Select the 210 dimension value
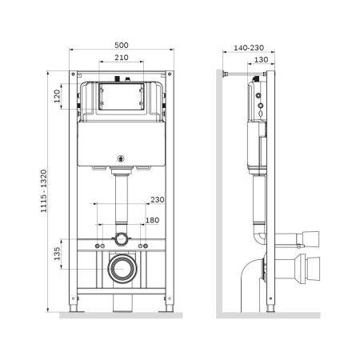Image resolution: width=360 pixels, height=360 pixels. click(x=122, y=58)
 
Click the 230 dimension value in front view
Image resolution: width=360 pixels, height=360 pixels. click(x=156, y=200)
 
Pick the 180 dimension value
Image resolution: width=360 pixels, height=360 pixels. click(x=151, y=220)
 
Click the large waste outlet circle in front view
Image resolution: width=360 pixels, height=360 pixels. click(x=122, y=269)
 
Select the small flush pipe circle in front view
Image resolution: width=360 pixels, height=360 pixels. click(x=122, y=238)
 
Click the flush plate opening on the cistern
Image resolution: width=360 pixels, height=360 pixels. click(x=122, y=98)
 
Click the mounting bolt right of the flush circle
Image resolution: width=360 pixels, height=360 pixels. click(x=145, y=243)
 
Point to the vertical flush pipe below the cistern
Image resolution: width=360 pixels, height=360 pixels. click(x=122, y=196)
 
